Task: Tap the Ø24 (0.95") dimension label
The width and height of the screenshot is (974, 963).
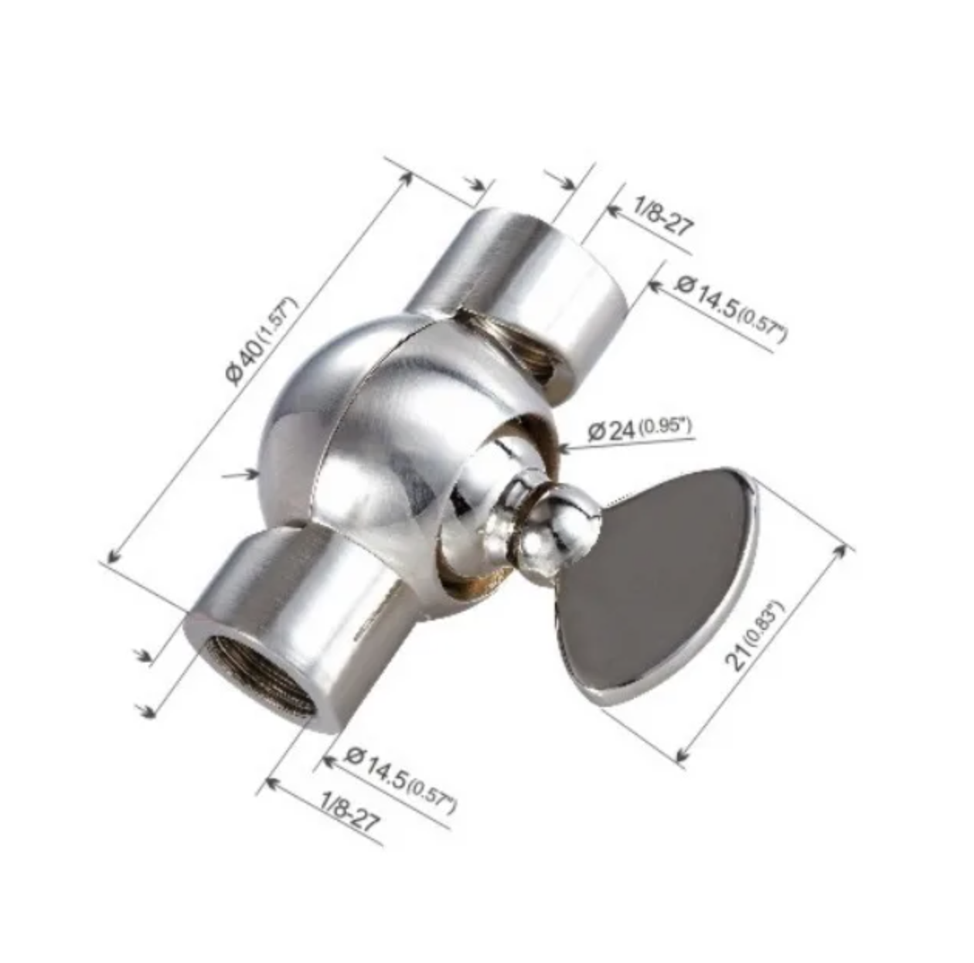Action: tap(639, 430)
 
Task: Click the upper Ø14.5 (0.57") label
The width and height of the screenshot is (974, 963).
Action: tap(730, 308)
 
